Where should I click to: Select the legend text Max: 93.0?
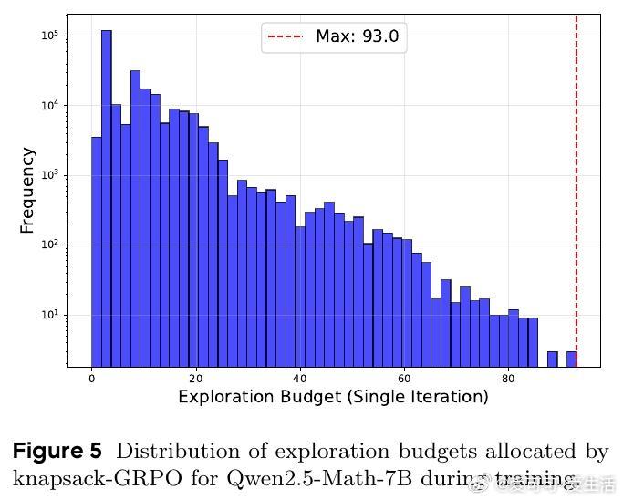pos(357,37)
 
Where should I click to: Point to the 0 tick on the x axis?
pos(91,378)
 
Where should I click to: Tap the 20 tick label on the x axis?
pos(195,378)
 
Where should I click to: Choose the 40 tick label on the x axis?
pos(300,378)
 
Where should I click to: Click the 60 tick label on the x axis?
pos(404,378)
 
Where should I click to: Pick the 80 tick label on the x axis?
pos(508,378)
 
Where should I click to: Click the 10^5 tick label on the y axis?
pos(49,36)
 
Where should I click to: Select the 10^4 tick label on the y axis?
pos(49,105)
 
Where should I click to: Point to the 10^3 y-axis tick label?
pos(49,175)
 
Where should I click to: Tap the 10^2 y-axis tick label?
pos(49,245)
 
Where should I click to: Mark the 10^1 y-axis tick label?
pos(49,315)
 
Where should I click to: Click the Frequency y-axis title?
pos(27,190)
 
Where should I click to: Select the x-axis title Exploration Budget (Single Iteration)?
pos(333,397)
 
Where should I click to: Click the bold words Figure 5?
pos(57,452)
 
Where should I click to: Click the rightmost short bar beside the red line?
pos(572,359)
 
